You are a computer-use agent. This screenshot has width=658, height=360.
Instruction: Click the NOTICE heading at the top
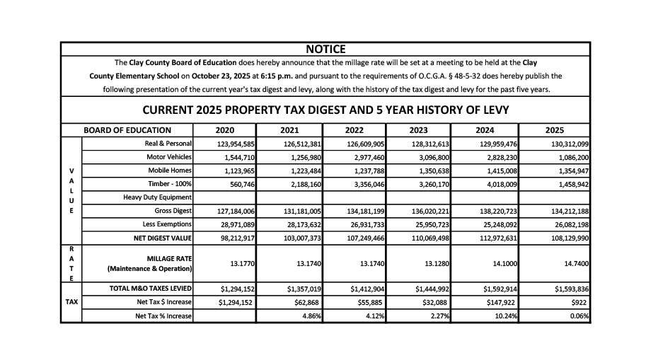click(325, 49)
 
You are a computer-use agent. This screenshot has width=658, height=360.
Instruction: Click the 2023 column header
click(418, 129)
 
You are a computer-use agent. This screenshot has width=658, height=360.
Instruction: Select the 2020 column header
click(224, 129)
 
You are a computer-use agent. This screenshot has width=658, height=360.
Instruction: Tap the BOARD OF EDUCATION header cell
click(127, 129)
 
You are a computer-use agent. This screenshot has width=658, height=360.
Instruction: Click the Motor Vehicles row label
click(169, 157)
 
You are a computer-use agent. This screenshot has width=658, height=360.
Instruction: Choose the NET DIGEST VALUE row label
click(163, 238)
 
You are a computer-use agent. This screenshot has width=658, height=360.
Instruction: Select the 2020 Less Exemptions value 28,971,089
click(236, 224)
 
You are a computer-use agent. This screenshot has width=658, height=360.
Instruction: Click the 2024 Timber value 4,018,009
click(500, 184)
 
